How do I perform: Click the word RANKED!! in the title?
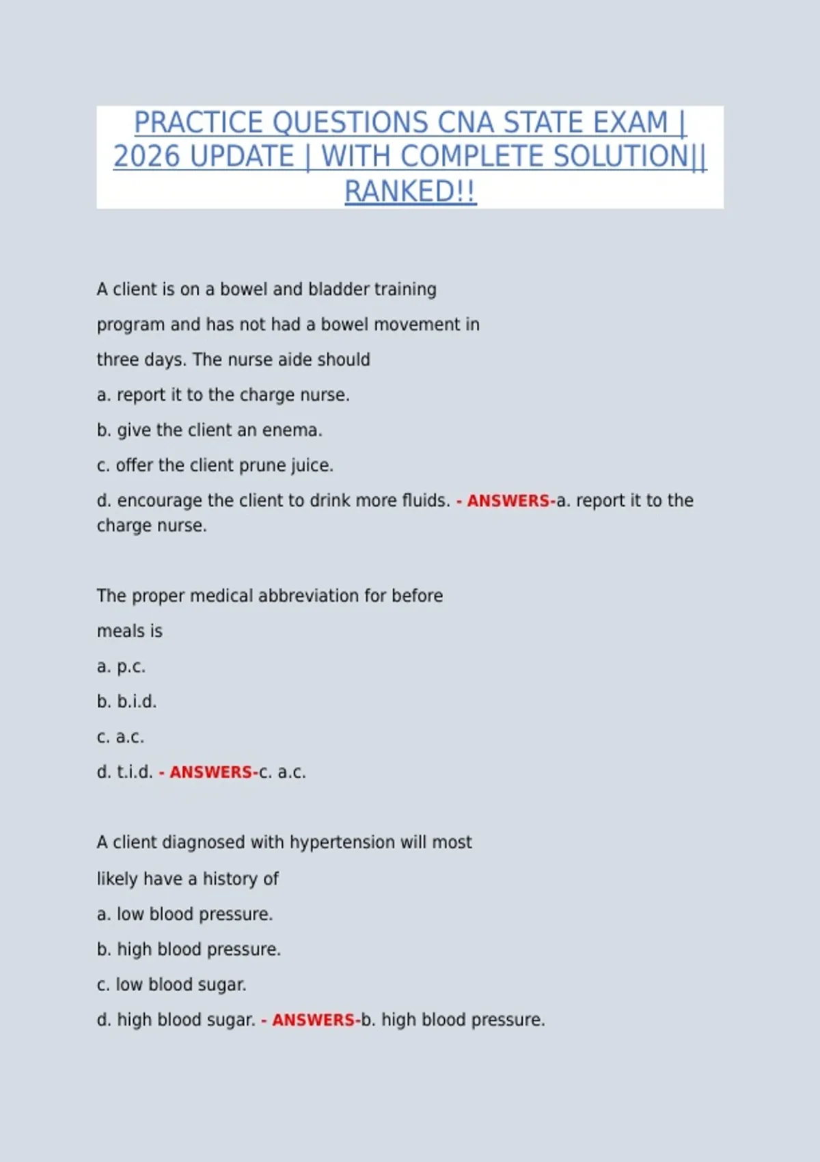pos(410,191)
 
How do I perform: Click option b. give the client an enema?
pos(209,430)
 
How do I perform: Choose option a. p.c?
pos(121,666)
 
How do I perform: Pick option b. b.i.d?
pos(126,701)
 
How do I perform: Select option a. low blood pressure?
pos(184,914)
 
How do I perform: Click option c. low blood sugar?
pos(172,984)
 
